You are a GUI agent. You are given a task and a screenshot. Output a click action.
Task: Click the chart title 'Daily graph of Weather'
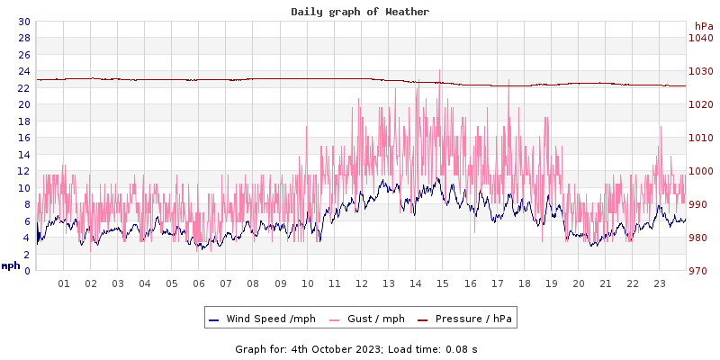pyautogui.click(x=360, y=12)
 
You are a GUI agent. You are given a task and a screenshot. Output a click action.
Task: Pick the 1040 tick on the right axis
pyautogui.click(x=700, y=38)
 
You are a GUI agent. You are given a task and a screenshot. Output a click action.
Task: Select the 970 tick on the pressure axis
pyautogui.click(x=700, y=271)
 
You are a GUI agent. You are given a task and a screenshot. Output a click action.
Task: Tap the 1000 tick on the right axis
pyautogui.click(x=700, y=171)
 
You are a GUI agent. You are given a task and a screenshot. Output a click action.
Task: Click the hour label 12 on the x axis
pyautogui.click(x=362, y=283)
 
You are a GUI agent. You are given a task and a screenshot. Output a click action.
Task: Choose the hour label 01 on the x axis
pyautogui.click(x=64, y=283)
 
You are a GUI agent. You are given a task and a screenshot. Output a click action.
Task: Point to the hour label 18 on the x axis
pyautogui.click(x=524, y=283)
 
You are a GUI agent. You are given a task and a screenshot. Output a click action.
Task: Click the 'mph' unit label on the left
pyautogui.click(x=11, y=265)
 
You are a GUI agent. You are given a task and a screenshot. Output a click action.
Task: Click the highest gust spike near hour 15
pyautogui.click(x=439, y=70)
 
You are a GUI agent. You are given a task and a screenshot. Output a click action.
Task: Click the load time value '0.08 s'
pyautogui.click(x=462, y=348)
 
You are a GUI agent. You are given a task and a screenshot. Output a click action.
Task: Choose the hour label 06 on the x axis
pyautogui.click(x=199, y=283)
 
